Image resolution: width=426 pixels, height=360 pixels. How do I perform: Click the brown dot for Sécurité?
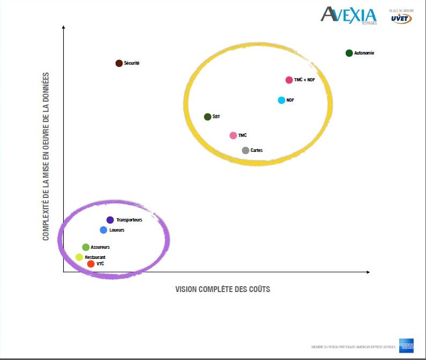(119, 63)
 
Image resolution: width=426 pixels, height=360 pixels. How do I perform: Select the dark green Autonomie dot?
(349, 53)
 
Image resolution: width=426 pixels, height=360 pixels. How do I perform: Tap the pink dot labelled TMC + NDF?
(289, 80)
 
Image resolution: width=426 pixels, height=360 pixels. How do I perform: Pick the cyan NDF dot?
(282, 100)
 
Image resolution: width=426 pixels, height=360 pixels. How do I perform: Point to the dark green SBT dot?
(208, 117)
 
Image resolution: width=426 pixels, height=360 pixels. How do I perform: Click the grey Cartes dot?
(246, 150)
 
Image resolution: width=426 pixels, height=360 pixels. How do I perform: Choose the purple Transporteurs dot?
(110, 220)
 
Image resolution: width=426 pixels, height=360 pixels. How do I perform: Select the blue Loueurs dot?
(104, 230)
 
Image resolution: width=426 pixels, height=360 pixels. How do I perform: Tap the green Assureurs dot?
(86, 247)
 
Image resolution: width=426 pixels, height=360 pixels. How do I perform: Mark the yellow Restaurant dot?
(79, 257)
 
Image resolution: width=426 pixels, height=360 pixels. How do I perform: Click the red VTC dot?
(91, 264)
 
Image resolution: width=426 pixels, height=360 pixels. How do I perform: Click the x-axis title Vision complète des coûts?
(223, 289)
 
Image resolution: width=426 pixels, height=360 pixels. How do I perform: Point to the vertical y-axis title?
(46, 156)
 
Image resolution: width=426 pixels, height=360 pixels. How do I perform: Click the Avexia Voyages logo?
(349, 14)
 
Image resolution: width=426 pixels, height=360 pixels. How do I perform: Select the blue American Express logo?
(406, 346)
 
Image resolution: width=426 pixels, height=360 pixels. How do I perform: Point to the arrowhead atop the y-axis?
(63, 26)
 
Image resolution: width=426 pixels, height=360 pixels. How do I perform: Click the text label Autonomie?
(364, 53)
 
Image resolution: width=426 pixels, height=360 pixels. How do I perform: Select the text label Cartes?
(256, 151)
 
